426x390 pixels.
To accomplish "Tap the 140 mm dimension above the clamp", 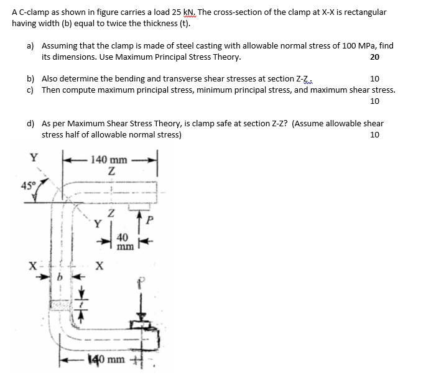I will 109,160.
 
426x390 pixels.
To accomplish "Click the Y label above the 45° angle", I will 33,157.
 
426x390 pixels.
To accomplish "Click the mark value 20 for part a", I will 374,57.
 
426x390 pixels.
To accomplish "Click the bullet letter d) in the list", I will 30,124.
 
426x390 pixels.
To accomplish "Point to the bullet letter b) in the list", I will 30,79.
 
